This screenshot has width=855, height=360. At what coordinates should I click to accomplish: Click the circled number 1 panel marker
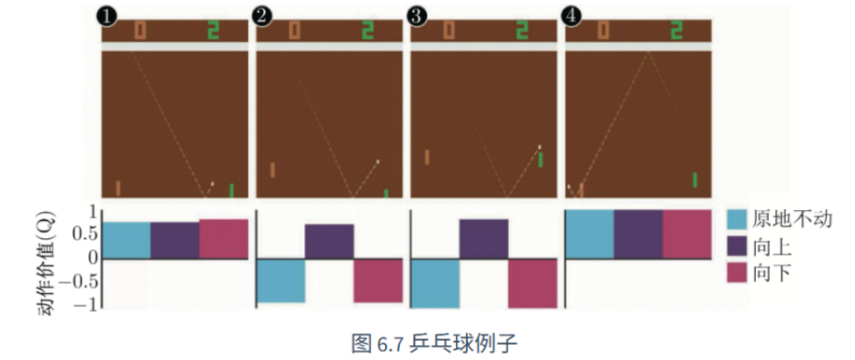(x=109, y=16)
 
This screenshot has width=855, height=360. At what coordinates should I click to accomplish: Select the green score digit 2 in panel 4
(x=677, y=31)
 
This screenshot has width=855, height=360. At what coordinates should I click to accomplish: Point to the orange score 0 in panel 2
(x=294, y=31)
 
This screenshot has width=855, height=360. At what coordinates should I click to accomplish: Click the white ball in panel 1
(x=213, y=184)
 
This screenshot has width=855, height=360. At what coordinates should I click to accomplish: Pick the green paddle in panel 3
(x=541, y=160)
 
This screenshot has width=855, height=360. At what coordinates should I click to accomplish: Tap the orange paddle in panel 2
(x=272, y=170)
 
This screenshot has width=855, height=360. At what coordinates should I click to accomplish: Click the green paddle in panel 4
(x=695, y=180)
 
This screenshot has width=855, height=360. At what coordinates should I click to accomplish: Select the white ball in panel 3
(x=540, y=146)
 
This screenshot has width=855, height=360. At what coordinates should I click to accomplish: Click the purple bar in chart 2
(x=329, y=241)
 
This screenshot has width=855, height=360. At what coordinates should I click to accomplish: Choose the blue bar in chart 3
(x=434, y=283)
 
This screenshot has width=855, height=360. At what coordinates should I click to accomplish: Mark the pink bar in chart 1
(x=224, y=239)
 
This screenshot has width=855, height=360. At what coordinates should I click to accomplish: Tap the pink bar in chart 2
(x=378, y=280)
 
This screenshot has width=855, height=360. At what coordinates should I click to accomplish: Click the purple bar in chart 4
(x=638, y=234)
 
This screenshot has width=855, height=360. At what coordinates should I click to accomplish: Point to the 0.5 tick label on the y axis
(x=84, y=235)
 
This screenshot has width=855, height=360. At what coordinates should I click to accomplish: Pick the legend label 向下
(x=771, y=274)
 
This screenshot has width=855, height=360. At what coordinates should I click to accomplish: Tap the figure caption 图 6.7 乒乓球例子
(x=433, y=343)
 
